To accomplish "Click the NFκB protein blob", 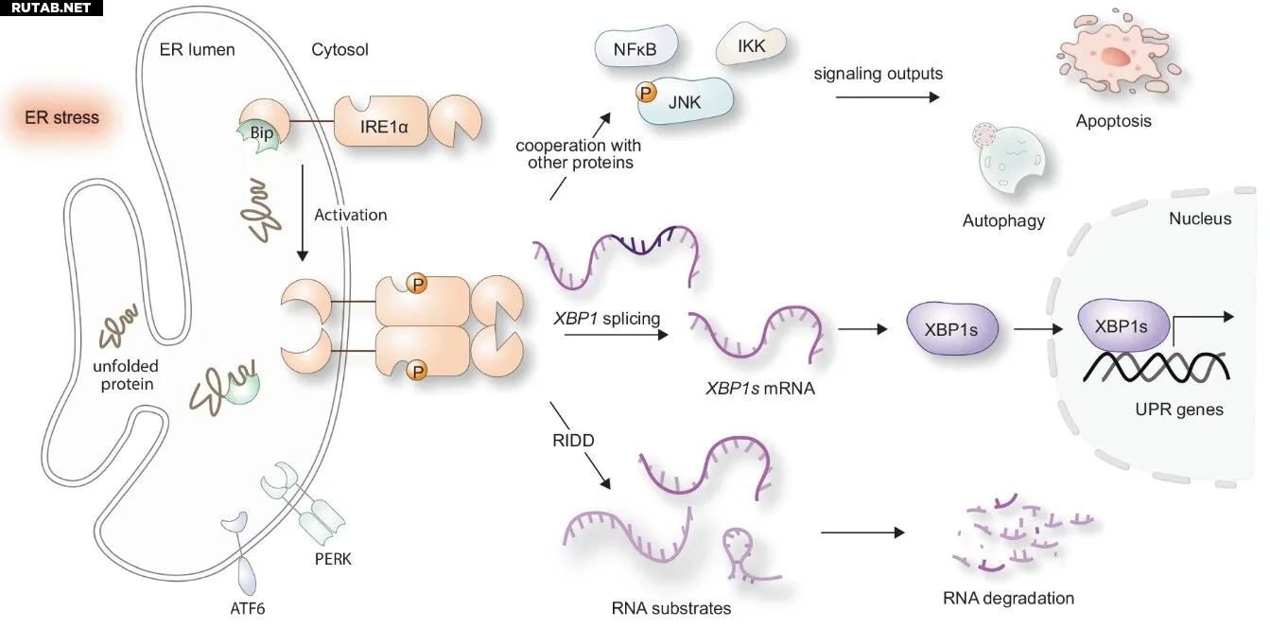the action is (635, 46).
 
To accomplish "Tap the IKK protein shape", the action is (751, 44).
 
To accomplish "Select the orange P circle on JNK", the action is (645, 92).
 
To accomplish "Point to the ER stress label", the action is (61, 117).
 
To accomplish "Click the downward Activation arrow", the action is (303, 213).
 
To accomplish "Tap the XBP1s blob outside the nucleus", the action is (952, 328).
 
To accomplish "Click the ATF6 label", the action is (248, 608).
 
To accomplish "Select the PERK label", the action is (333, 559).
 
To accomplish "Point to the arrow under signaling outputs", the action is (887, 97).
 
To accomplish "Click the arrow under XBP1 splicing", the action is (617, 335).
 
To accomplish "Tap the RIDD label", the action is (573, 440).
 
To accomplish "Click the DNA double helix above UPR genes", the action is (1156, 367).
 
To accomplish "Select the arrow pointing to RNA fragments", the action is (862, 532).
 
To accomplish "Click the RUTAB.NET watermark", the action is (51, 8).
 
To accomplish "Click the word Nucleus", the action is (1200, 218).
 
